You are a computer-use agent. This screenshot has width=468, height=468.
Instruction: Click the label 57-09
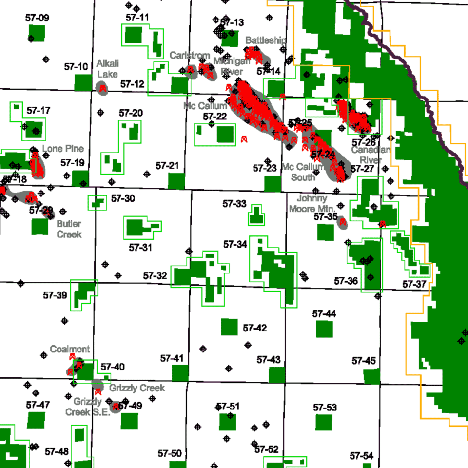pyautogui.click(x=37, y=18)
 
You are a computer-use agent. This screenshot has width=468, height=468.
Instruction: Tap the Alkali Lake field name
pyautogui.click(x=107, y=69)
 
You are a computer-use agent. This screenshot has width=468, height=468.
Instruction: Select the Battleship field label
pyautogui.click(x=266, y=40)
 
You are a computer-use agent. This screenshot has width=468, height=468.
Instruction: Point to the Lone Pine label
pyautogui.click(x=63, y=149)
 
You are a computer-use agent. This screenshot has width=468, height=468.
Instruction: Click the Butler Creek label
pyautogui.click(x=69, y=229)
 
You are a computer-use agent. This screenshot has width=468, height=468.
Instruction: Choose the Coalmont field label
pyautogui.click(x=70, y=349)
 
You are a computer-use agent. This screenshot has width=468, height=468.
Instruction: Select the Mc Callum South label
pyautogui.click(x=303, y=172)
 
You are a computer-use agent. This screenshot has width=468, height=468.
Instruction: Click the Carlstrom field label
pyautogui.click(x=190, y=56)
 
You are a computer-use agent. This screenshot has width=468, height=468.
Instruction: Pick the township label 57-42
pyautogui.click(x=255, y=328)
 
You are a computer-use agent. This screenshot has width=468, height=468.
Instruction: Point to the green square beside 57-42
pyautogui.click(x=229, y=327)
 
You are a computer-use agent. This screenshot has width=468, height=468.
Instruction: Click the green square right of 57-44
pyautogui.click(x=324, y=329)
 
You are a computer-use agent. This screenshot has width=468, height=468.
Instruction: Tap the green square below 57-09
pyautogui.click(x=37, y=33)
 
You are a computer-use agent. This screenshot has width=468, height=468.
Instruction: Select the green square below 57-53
pyautogui.click(x=324, y=423)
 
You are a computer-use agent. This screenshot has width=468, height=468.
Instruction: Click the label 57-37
pyautogui.click(x=414, y=284)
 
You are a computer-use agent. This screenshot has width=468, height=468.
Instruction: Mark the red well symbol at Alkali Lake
pyautogui.click(x=103, y=88)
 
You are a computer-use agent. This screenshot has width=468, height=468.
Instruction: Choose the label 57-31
pyautogui.click(x=141, y=248)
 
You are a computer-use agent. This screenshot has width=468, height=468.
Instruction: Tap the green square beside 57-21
pyautogui.click(x=176, y=181)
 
